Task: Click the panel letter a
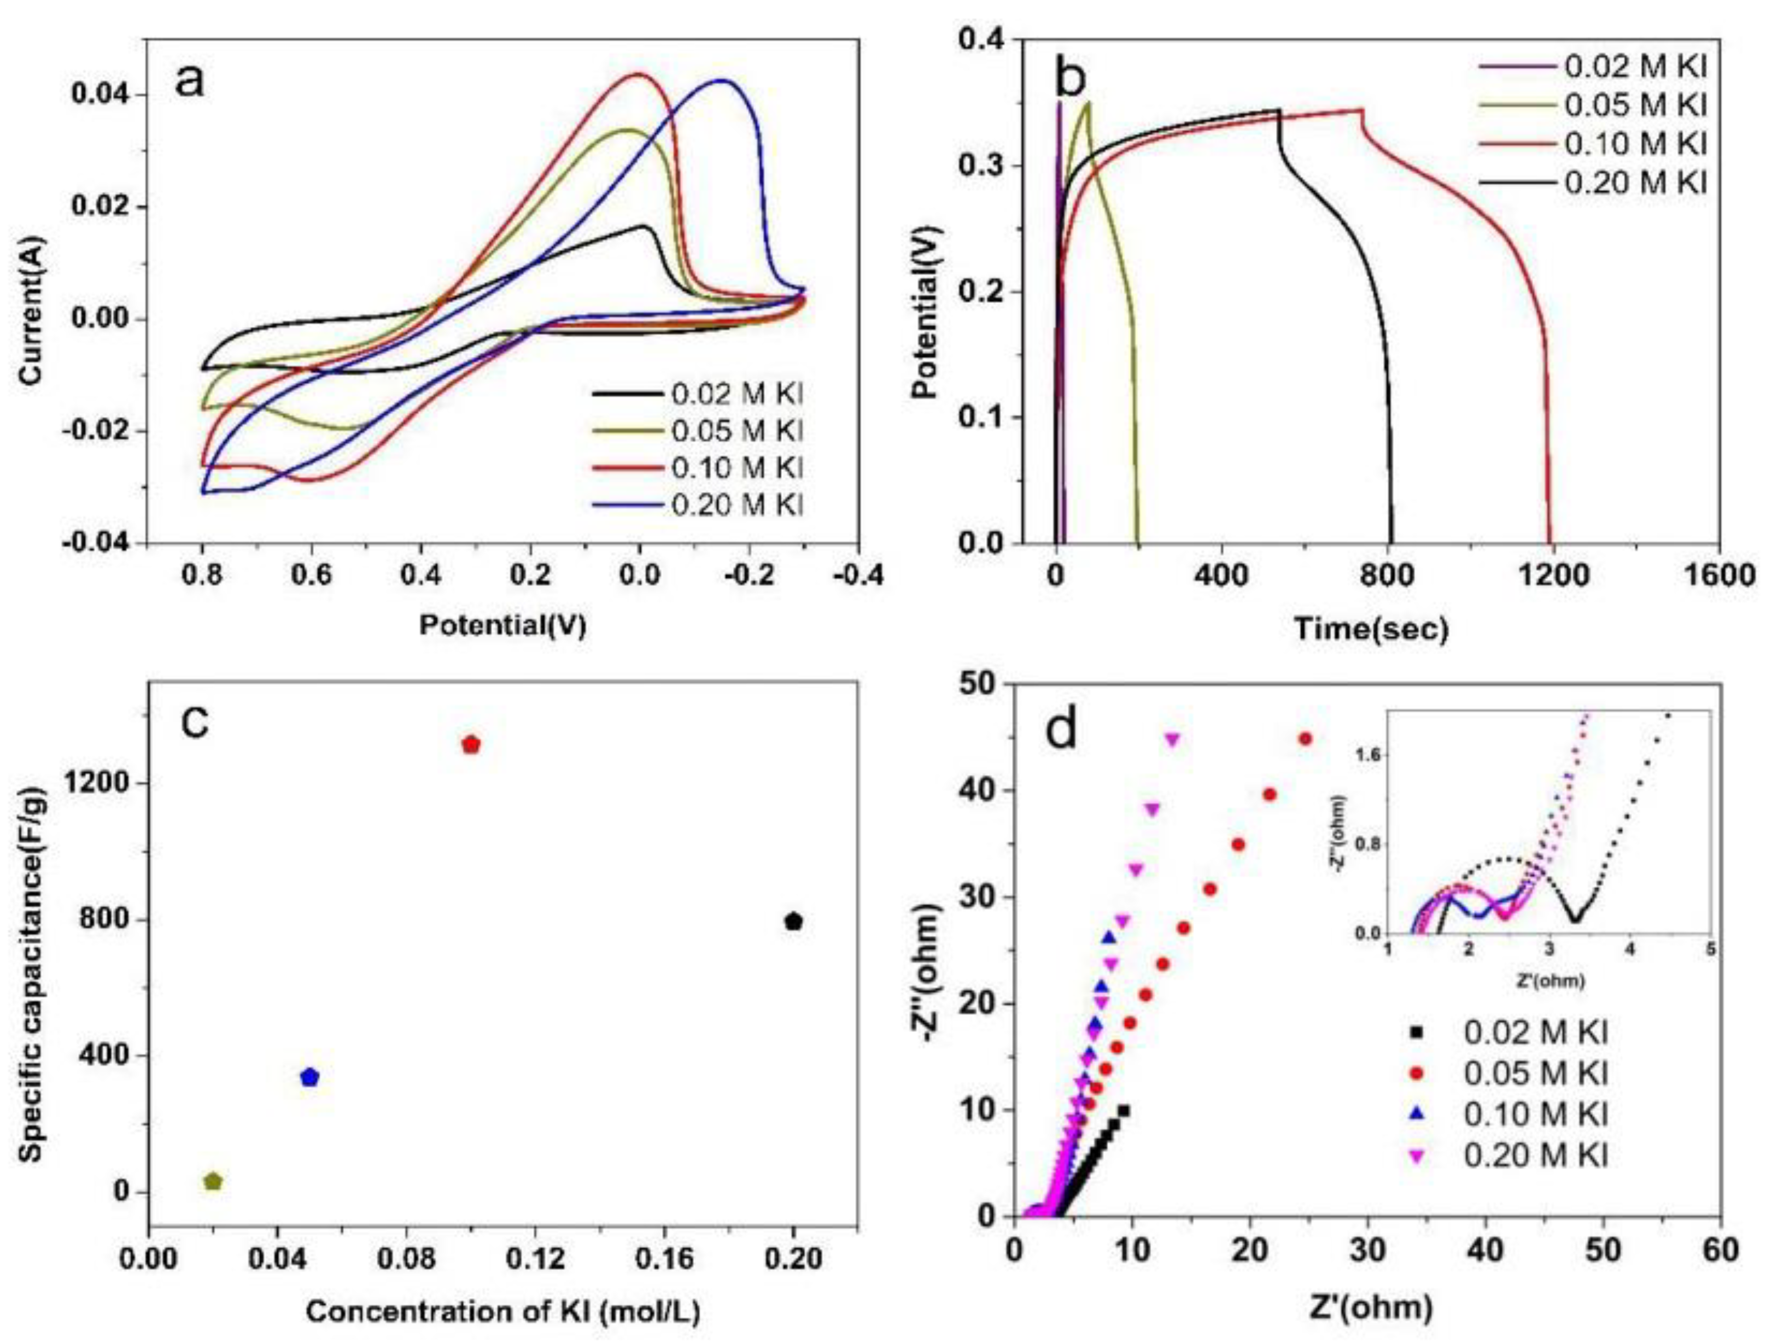point(190,81)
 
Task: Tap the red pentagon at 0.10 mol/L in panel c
point(471,745)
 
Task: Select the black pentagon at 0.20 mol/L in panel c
point(793,922)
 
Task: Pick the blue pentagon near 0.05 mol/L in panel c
point(309,1077)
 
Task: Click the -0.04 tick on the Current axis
point(104,544)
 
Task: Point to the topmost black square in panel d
point(1124,1110)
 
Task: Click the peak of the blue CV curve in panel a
point(723,80)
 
